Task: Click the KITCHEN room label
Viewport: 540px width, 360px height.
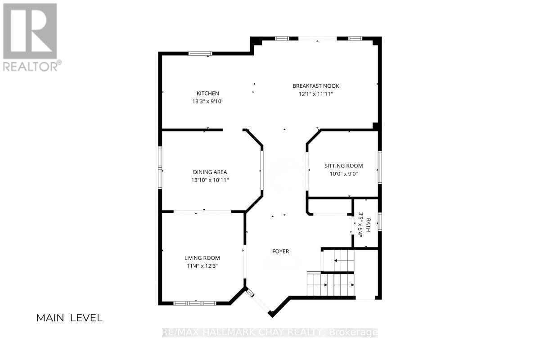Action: click(208, 93)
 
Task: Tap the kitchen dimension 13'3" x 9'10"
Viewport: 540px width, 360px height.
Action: click(208, 101)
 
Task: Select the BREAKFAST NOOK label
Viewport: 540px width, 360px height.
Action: click(316, 86)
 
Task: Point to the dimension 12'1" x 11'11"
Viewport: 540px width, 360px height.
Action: click(316, 94)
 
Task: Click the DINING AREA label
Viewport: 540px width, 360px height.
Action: click(210, 172)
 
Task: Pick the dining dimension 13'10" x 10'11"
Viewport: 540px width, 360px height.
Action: click(210, 180)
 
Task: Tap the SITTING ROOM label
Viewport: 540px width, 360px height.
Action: click(343, 166)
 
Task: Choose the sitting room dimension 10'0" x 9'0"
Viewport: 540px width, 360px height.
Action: click(343, 174)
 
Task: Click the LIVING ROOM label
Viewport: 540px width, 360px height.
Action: click(202, 258)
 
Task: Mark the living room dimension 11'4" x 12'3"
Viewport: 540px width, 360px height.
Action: click(202, 266)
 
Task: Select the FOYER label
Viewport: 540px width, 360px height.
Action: click(281, 252)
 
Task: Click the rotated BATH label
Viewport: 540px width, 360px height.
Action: click(368, 225)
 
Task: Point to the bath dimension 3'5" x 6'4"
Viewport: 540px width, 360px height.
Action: click(360, 225)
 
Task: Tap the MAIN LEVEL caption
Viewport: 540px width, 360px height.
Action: click(69, 318)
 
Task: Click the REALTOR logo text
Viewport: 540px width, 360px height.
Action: click(31, 66)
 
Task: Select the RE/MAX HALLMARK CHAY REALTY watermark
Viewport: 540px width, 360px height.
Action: click(270, 333)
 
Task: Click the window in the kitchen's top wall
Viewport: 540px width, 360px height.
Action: click(200, 54)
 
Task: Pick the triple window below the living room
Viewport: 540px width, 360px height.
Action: click(195, 303)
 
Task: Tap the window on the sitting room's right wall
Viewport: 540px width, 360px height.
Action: click(380, 167)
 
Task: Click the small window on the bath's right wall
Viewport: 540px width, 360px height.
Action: click(380, 222)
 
